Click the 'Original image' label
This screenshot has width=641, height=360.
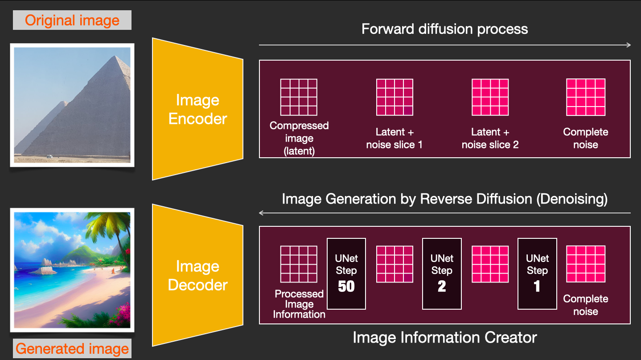pos(72,20)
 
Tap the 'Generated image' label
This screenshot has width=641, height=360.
pos(72,348)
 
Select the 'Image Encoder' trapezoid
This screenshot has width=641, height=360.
pos(197,109)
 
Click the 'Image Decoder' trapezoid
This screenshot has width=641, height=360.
pos(197,275)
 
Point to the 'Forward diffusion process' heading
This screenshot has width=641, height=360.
pos(444,29)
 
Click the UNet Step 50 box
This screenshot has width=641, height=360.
pos(346,274)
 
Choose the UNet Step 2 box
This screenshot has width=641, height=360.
pos(442,274)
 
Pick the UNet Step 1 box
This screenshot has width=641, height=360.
pos(537,274)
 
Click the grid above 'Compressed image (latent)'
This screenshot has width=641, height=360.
pos(299,97)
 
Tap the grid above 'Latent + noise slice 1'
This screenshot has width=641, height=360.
pos(394,97)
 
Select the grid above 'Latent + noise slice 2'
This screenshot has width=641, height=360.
pos(490,97)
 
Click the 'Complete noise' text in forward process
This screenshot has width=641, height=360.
pos(585,138)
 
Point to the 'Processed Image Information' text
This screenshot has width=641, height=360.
pos(299,304)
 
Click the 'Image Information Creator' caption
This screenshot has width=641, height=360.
pos(444,337)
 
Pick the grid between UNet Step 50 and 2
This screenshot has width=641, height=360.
pos(394,264)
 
